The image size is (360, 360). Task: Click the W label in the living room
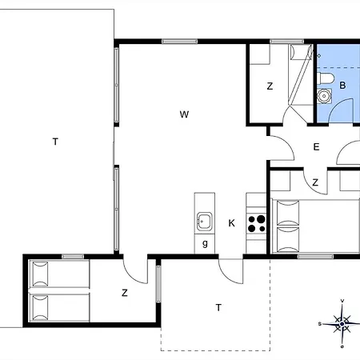pyautogui.click(x=184, y=114)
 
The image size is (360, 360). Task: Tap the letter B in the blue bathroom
pyautogui.click(x=342, y=86)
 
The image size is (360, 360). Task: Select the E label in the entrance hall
pyautogui.click(x=316, y=147)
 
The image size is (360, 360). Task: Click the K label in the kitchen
pyautogui.click(x=231, y=223)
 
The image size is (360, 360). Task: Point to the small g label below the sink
pyautogui.click(x=205, y=243)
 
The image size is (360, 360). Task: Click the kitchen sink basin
pyautogui.click(x=205, y=222)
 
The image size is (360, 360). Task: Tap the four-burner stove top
pyautogui.click(x=256, y=223)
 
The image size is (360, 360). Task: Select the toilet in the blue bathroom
pyautogui.click(x=326, y=78)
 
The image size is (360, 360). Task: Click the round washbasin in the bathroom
pyautogui.click(x=324, y=96)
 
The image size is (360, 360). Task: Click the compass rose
pyautogui.click(x=342, y=324)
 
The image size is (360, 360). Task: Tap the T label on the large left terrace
pyautogui.click(x=55, y=142)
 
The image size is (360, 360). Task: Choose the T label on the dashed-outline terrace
pyautogui.click(x=218, y=308)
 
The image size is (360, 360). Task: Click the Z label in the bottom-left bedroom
pyautogui.click(x=125, y=293)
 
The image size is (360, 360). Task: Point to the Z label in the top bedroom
pyautogui.click(x=270, y=86)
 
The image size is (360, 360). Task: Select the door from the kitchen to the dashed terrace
pyautogui.click(x=230, y=270)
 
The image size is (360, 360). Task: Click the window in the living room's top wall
pyautogui.click(x=179, y=42)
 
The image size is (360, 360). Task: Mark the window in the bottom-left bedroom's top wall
pyautogui.click(x=73, y=257)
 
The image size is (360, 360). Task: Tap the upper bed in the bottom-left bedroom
pyautogui.click(x=59, y=274)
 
